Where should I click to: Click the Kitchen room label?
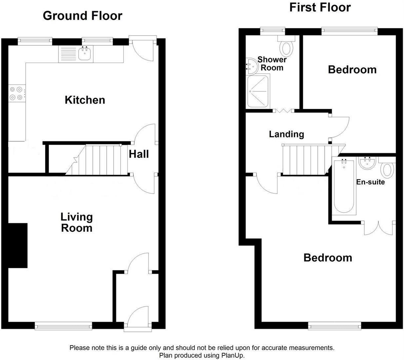coord(85,100)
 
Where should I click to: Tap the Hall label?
coord(139,154)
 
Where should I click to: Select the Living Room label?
coord(76,222)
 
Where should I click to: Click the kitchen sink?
coord(86,54)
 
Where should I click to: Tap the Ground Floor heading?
coord(82,16)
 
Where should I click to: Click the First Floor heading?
coord(320,7)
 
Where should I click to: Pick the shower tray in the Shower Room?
coord(258,91)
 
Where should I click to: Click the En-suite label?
coord(370,182)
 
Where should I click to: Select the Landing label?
coord(286,134)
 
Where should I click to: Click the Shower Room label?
coord(272,63)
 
